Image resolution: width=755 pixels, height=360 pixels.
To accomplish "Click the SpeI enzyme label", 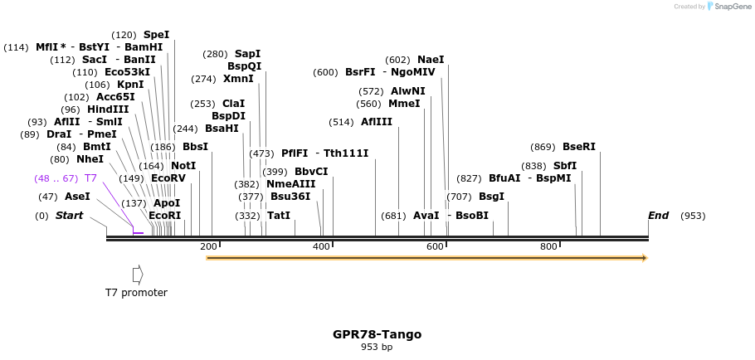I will click(156, 35).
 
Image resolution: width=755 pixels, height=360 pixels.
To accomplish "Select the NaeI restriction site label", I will click(431, 60).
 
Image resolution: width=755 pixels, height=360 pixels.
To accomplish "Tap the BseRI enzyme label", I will click(579, 147).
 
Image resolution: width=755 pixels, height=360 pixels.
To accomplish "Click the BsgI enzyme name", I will click(491, 197).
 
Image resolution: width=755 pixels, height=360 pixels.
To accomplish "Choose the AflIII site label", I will click(376, 122).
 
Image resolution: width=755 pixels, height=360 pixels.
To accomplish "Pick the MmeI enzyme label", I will click(404, 104).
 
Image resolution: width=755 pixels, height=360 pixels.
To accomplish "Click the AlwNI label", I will click(407, 91).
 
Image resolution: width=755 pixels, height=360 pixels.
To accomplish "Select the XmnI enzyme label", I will click(238, 79).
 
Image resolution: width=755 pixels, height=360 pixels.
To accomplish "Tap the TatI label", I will click(279, 216).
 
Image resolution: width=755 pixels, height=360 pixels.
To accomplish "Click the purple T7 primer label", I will click(90, 178).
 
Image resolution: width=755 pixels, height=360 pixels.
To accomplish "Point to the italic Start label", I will click(70, 216).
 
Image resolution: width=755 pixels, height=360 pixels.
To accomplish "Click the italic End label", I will click(658, 216).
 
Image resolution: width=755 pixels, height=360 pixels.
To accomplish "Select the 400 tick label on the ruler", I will click(322, 246).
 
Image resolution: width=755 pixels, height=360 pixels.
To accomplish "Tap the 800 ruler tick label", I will click(548, 246).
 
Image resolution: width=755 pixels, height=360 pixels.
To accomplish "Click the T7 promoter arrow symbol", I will click(138, 274).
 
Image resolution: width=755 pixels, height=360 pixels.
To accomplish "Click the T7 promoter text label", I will click(136, 293).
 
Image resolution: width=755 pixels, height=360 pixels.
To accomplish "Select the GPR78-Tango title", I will click(377, 334).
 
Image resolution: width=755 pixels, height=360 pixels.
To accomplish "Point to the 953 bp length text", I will click(377, 347).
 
